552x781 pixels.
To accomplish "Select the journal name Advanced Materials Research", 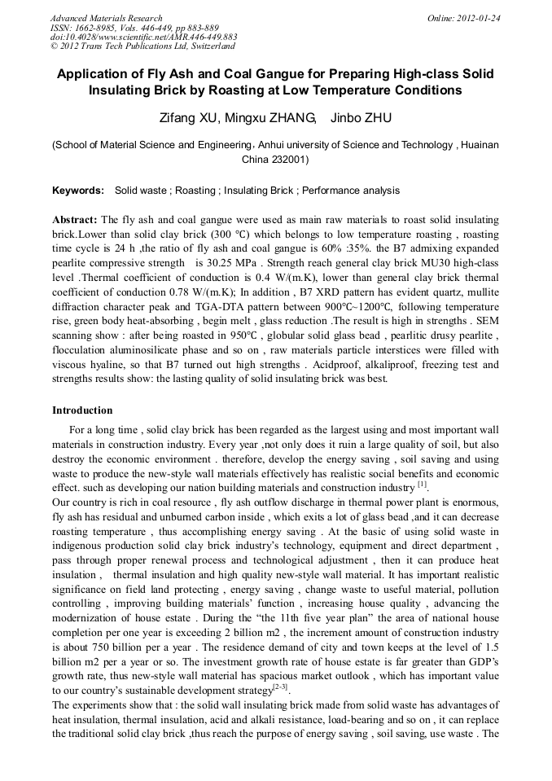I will click(106, 18).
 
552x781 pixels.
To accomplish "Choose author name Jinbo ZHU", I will click(361, 119).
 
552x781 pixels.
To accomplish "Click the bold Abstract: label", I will click(75, 221).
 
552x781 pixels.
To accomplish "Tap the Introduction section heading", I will click(82, 410).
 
